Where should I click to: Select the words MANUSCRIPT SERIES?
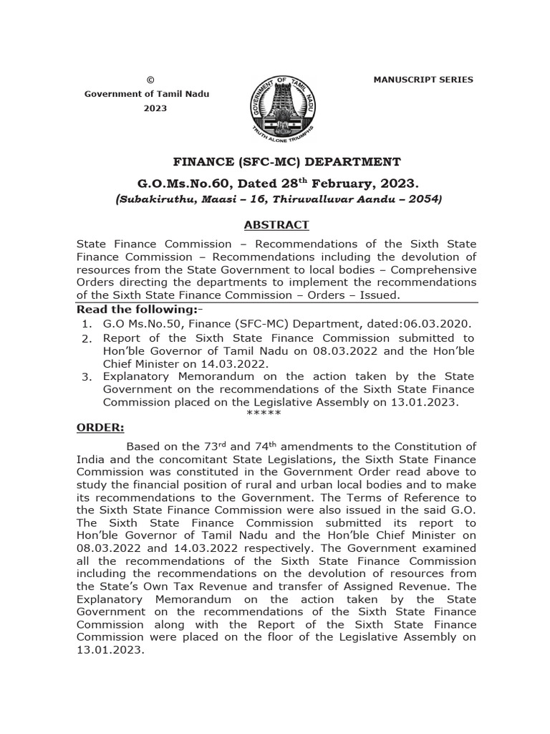pos(423,80)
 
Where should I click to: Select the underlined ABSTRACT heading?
pos(276,224)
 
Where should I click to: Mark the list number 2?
pos(87,338)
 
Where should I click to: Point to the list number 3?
pos(87,377)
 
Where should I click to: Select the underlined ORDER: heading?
pos(100,428)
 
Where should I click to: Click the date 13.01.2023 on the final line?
pos(110,650)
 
